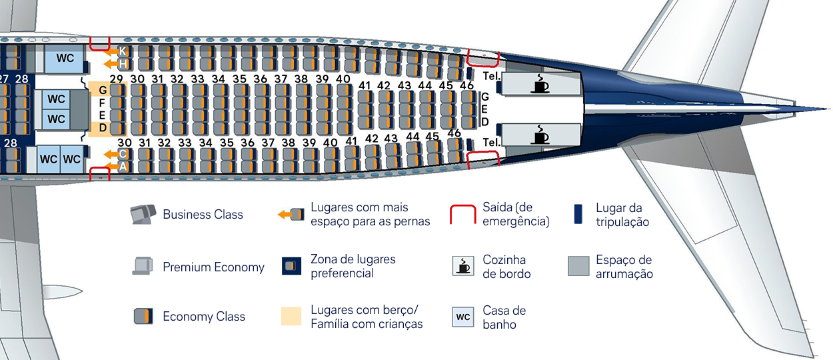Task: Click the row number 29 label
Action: (x=117, y=79)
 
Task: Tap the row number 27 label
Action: (x=4, y=79)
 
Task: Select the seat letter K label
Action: (x=123, y=51)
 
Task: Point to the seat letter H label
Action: (x=123, y=64)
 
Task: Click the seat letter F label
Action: (x=103, y=103)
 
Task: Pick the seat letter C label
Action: (x=123, y=155)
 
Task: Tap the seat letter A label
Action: (x=123, y=167)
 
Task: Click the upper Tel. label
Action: (x=492, y=76)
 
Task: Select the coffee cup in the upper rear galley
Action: (x=540, y=83)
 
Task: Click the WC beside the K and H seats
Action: (x=65, y=59)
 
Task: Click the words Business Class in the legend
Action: (x=203, y=215)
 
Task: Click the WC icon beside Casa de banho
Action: (x=463, y=317)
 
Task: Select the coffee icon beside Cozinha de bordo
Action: (x=463, y=266)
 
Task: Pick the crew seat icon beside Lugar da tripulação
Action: (x=578, y=214)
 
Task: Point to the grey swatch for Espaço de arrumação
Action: (x=578, y=266)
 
